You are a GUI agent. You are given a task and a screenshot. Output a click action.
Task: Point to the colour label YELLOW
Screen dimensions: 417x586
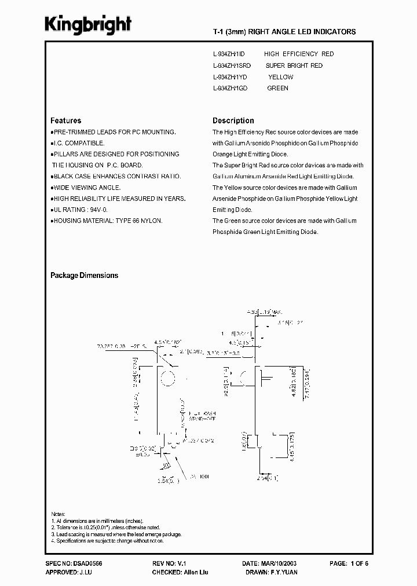click(x=280, y=77)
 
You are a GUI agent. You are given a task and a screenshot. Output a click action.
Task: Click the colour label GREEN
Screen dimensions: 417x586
click(x=277, y=88)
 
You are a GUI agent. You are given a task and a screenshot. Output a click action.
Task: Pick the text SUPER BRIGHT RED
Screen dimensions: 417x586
click(x=294, y=65)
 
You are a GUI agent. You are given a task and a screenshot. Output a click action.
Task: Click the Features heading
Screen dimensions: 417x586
click(x=65, y=120)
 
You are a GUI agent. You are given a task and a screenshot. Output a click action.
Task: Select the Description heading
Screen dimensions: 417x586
click(x=233, y=120)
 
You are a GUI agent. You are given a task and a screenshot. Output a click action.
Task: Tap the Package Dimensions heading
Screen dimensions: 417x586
click(x=84, y=276)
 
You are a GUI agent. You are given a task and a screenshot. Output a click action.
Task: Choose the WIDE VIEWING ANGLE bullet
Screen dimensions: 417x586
click(x=87, y=188)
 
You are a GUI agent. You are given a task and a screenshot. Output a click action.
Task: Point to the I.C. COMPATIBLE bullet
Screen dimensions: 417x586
click(x=79, y=143)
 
